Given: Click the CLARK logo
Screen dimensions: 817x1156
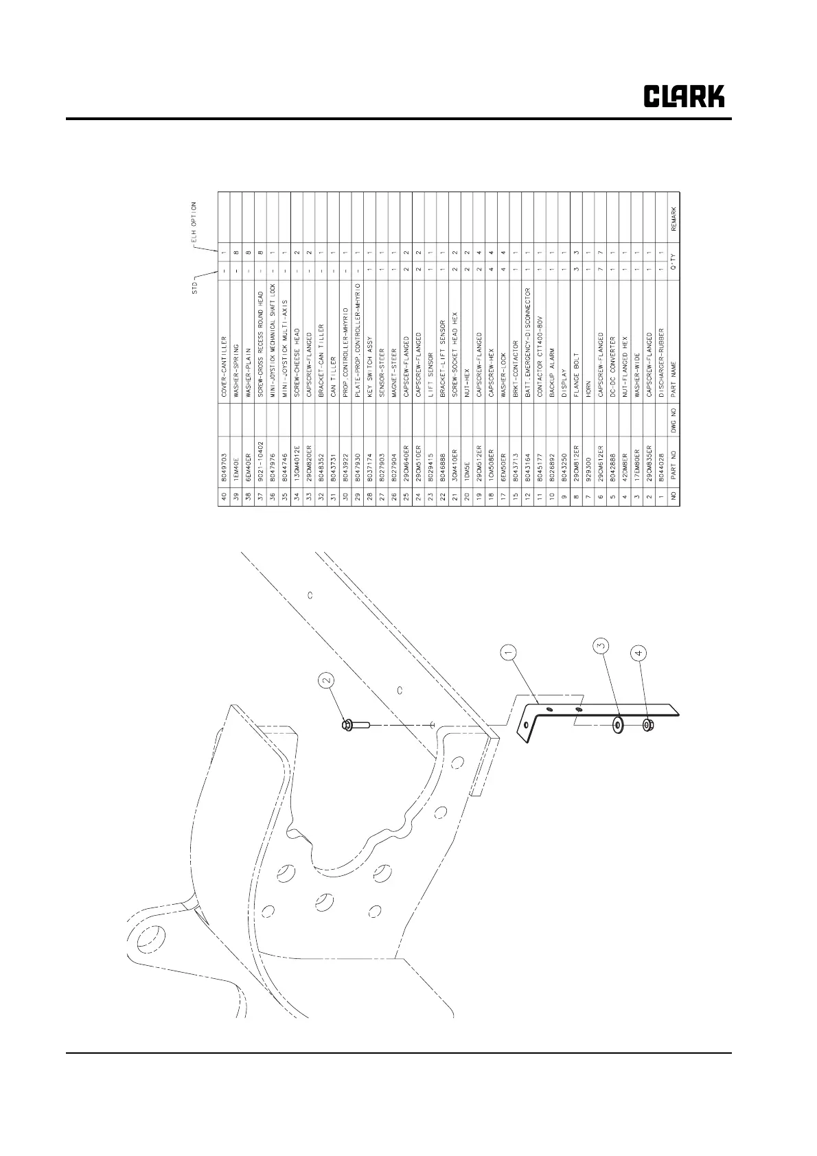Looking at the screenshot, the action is [x=683, y=97].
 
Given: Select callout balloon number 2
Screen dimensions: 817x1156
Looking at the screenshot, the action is [x=327, y=680].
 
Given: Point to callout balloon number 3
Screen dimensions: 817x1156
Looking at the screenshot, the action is [x=601, y=646].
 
